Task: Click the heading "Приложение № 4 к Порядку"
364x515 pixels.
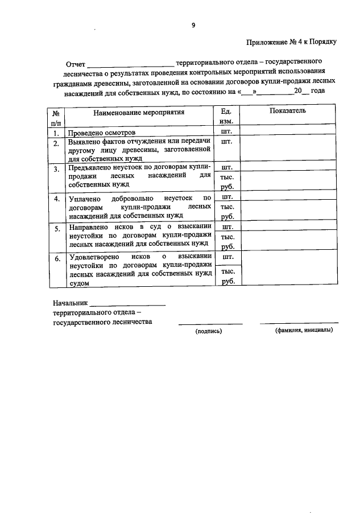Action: (x=292, y=42)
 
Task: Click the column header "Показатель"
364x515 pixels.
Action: (x=288, y=110)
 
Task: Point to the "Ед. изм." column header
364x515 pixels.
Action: (x=226, y=117)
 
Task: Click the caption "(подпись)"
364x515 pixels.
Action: (x=209, y=331)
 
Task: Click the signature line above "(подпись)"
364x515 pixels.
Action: (x=210, y=324)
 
